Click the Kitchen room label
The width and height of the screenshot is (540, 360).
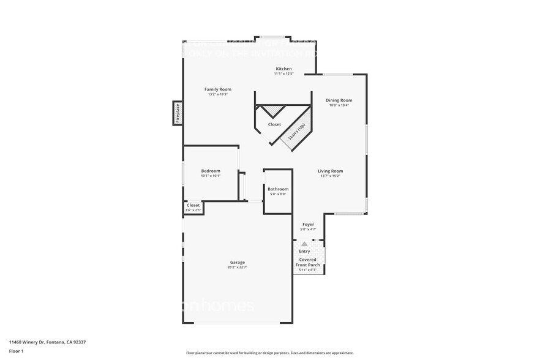click(x=283, y=69)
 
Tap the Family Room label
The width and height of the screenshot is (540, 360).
click(x=217, y=89)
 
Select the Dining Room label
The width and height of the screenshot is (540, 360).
click(x=339, y=100)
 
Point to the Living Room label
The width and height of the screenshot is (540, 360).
click(x=330, y=171)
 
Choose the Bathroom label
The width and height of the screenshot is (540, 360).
click(x=278, y=189)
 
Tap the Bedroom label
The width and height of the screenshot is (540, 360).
click(x=211, y=171)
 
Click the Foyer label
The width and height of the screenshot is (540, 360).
click(x=309, y=225)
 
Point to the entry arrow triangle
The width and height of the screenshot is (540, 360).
click(x=304, y=244)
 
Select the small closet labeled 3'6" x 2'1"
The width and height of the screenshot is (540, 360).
click(x=193, y=208)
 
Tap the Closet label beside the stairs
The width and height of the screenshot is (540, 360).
click(x=274, y=124)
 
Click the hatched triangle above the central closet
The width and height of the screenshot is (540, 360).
click(x=274, y=110)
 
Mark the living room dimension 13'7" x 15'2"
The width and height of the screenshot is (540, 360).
click(x=330, y=176)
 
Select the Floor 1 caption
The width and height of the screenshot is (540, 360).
click(x=16, y=351)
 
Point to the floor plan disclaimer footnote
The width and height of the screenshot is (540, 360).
click(x=269, y=353)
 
